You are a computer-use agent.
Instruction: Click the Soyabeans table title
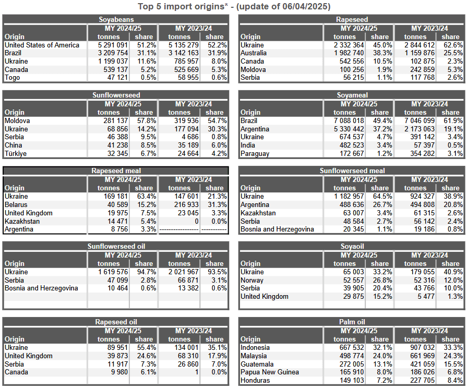click(116, 20)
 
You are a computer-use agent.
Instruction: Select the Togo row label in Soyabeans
click(12, 78)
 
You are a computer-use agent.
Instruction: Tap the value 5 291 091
click(113, 45)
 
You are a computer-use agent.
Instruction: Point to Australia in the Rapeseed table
click(254, 53)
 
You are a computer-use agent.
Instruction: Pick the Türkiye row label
click(16, 154)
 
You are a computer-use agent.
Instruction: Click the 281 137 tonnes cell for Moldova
click(115, 120)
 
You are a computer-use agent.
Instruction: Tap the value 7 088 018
click(349, 120)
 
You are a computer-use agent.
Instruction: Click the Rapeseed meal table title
click(116, 171)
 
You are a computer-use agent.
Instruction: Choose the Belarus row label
click(16, 205)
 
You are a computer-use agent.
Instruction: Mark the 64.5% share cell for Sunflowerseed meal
click(382, 197)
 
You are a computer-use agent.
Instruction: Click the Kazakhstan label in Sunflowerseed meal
click(258, 213)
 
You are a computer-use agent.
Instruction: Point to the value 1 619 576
click(113, 272)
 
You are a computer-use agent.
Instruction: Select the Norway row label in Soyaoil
click(252, 281)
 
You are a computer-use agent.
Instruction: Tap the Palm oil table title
click(352, 322)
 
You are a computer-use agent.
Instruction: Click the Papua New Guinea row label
click(270, 372)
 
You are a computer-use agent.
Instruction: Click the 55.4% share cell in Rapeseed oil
click(147, 348)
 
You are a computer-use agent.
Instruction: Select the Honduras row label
click(255, 380)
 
